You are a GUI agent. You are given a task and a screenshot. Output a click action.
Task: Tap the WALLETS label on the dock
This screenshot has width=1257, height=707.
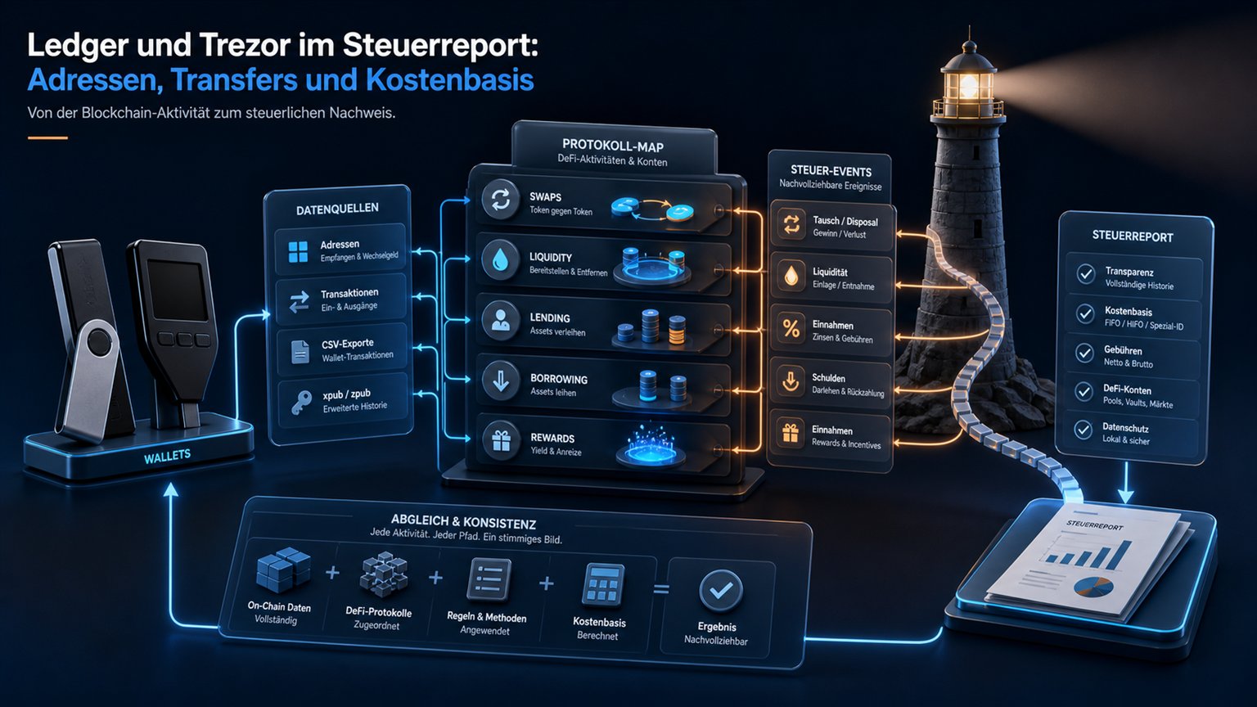pos(167,456)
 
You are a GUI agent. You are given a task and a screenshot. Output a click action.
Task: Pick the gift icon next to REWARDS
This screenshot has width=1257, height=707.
pos(501,440)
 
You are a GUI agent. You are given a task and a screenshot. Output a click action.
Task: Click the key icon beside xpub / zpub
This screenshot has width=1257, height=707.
pos(301,402)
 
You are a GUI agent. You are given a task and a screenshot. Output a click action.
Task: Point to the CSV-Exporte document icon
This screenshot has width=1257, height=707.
pos(300,352)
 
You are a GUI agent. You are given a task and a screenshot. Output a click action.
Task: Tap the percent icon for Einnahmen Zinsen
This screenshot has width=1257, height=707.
pos(791,328)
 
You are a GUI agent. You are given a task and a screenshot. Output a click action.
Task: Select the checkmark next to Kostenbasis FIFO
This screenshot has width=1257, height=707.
pos(1084,313)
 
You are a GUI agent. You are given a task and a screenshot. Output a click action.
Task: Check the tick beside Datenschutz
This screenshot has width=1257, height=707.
pos(1083,430)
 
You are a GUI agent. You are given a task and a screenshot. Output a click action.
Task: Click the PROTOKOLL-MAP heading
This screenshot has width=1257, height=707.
pos(613,146)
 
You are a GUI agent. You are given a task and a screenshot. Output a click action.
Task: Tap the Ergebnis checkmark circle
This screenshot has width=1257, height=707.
pos(720,590)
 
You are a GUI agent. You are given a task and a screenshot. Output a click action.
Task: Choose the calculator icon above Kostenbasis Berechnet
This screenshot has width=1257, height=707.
pos(603,585)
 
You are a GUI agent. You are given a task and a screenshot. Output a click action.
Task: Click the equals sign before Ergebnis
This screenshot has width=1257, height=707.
pos(661,589)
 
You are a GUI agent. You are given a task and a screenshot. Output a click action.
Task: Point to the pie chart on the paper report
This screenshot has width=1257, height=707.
pos(1093,587)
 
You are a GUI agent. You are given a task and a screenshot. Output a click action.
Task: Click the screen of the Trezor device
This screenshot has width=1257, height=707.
pos(178,289)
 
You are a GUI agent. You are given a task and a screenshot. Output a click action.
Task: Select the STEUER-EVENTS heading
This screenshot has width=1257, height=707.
pos(831,170)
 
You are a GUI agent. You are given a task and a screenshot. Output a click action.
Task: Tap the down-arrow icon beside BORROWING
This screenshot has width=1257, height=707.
pos(500,381)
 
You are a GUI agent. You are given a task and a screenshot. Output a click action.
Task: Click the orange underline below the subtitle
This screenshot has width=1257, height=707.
pos(47,138)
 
